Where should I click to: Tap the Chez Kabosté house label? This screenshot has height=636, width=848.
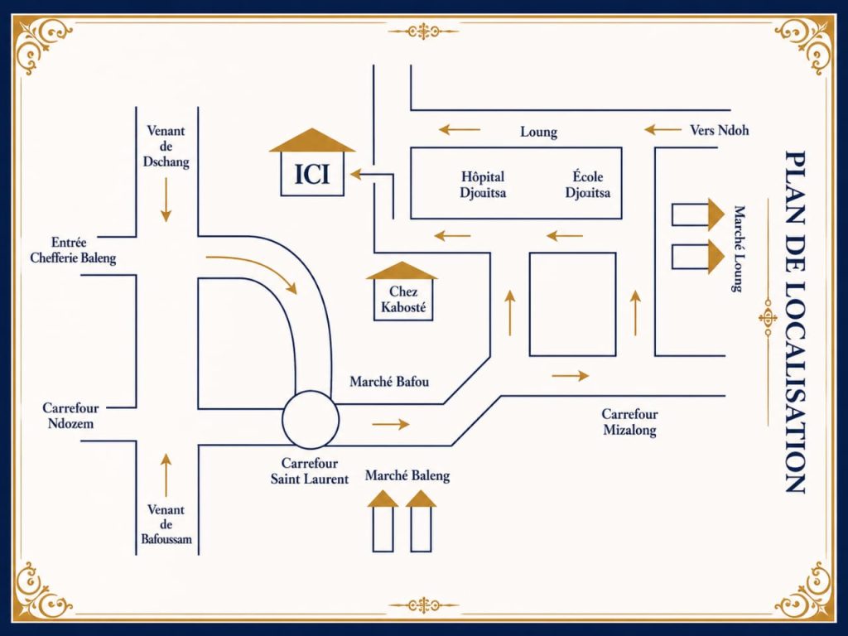coord(403,300)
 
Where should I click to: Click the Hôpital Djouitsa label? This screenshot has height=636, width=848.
coord(483,185)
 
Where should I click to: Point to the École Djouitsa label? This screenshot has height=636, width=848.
coord(588,185)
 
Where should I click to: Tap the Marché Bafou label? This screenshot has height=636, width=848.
coord(389,382)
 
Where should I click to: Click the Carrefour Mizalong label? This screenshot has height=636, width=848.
coord(629,422)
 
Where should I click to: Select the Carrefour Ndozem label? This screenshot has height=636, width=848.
coord(70,416)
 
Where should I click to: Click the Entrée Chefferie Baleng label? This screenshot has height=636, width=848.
coord(73,250)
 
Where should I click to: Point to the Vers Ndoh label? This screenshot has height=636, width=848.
coord(720,130)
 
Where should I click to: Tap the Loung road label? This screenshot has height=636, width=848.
coord(538,132)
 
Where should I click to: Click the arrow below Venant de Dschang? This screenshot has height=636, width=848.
coord(166,200)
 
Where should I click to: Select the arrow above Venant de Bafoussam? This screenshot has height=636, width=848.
coord(166,475)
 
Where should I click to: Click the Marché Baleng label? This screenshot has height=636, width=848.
coord(407,476)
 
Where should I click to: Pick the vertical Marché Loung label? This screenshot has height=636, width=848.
coord(739,248)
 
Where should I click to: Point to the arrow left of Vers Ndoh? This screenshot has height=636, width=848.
coord(662,130)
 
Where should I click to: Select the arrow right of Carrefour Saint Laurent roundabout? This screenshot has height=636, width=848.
coord(391,425)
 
